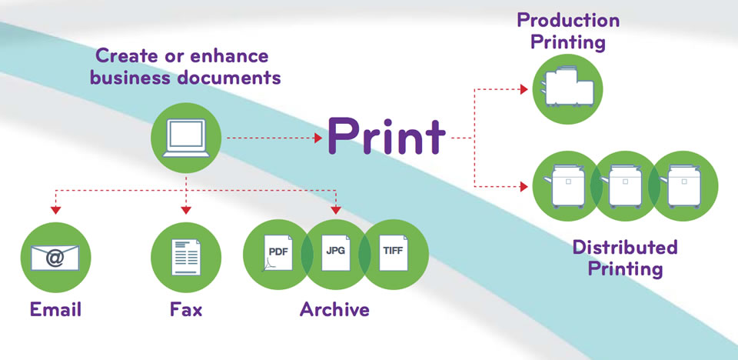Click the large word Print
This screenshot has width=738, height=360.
(x=386, y=137)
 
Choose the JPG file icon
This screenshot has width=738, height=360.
(x=334, y=252)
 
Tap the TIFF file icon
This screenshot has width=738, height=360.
(x=391, y=252)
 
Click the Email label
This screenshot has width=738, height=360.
(x=55, y=311)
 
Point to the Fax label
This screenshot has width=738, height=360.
(x=185, y=311)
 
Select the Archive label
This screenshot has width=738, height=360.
(x=334, y=311)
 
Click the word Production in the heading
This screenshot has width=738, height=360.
(x=568, y=19)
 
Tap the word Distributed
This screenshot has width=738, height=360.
(x=625, y=248)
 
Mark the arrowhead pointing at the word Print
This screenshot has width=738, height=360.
(x=317, y=138)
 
